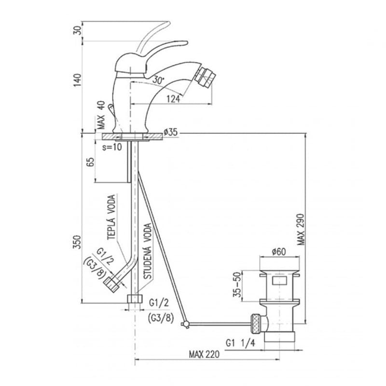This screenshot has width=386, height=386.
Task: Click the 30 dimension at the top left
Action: coord(77,30)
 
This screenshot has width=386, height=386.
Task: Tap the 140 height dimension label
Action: coord(77,80)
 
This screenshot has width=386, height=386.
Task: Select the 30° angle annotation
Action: coord(158,80)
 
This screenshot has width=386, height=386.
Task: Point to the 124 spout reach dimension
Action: coord(173,99)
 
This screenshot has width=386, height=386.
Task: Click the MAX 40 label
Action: coord(101,115)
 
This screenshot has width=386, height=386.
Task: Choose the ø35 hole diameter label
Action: coord(170,132)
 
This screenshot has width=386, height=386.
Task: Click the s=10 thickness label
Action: coord(112,147)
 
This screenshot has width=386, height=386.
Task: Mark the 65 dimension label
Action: coord(91,162)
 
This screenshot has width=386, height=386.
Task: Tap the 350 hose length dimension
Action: coord(77,242)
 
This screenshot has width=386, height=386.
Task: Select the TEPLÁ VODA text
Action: coord(111,217)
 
